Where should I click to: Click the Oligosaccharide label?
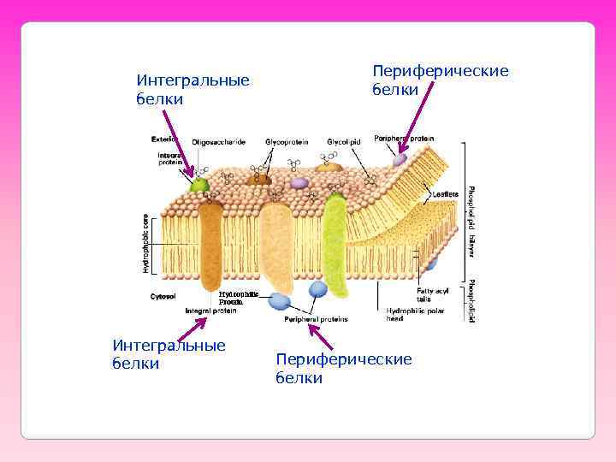pyautogui.click(x=218, y=141)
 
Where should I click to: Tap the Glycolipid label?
pyautogui.click(x=343, y=141)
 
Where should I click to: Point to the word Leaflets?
pyautogui.click(x=445, y=194)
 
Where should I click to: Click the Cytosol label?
pyautogui.click(x=163, y=297)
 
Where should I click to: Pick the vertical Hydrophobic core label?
pyautogui.click(x=145, y=243)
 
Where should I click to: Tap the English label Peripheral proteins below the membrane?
pyautogui.click(x=316, y=318)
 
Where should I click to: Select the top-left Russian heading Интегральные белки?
pyautogui.click(x=192, y=89)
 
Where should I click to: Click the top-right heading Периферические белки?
pyautogui.click(x=440, y=80)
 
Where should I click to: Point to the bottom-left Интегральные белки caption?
pyautogui.click(x=169, y=354)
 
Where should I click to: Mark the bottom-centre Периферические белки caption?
pyautogui.click(x=343, y=368)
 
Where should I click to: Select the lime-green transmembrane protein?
pyautogui.click(x=334, y=248)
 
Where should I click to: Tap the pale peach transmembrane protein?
pyautogui.click(x=275, y=244)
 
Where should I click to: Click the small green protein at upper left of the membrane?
pyautogui.click(x=199, y=184)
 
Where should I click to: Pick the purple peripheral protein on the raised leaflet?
pyautogui.click(x=400, y=159)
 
